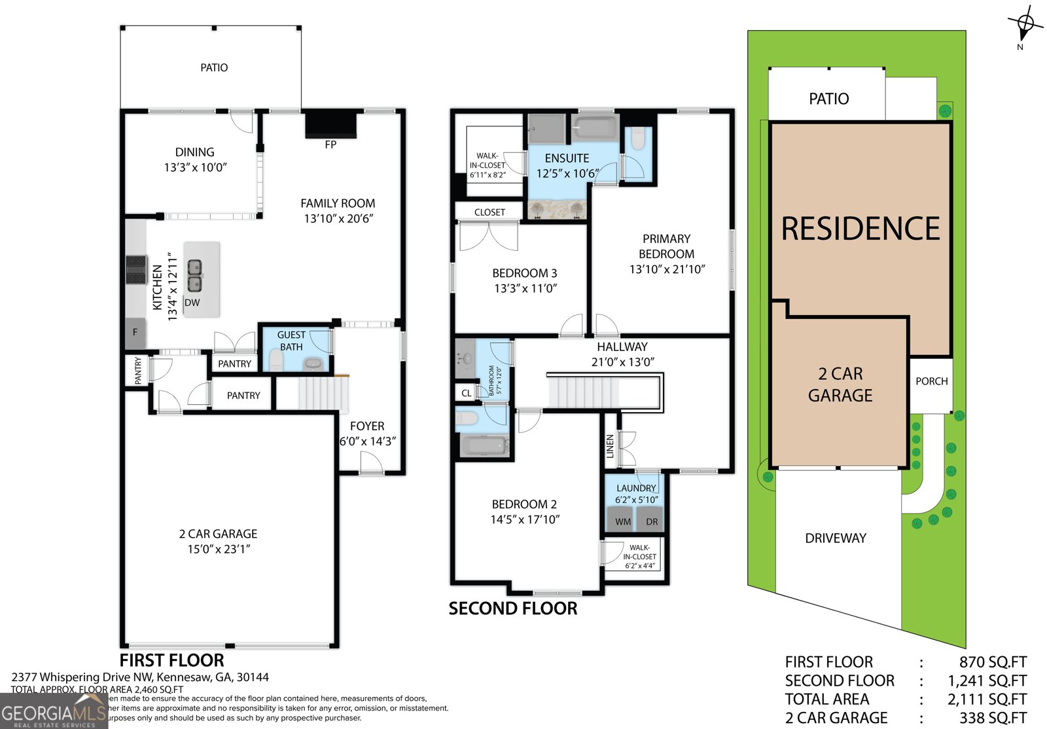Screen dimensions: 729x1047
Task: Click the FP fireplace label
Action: [330, 145]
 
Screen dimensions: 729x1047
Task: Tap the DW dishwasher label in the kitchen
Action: [192, 303]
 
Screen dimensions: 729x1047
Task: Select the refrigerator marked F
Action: [135, 333]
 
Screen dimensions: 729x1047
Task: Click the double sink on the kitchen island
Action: [195, 276]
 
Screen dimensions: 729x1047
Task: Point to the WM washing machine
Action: [623, 521]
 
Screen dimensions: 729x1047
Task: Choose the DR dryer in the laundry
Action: [652, 521]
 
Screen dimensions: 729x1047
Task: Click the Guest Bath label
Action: [291, 341]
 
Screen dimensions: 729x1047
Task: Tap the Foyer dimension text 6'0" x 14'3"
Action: [367, 441]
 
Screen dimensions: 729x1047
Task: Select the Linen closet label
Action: [610, 446]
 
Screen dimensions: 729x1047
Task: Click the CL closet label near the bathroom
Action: [466, 393]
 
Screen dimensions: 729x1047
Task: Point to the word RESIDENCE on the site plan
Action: [861, 229]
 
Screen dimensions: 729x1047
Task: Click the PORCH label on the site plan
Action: [931, 381]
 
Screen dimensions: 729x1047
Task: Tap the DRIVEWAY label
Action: [836, 538]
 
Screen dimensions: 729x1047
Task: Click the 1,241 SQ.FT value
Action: [987, 681]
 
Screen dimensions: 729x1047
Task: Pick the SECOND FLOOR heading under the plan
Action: [512, 608]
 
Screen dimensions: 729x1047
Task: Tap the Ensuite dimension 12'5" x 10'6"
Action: [567, 174]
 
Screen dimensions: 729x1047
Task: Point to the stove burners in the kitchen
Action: [136, 269]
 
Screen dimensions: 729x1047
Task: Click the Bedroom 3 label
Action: [525, 273]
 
